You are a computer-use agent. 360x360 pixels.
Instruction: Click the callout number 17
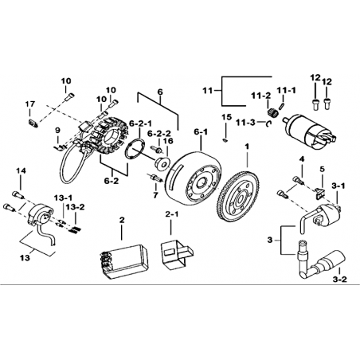point(30,104)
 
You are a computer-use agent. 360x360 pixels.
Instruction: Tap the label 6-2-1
point(140,123)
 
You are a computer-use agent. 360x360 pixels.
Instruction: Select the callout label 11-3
point(245,123)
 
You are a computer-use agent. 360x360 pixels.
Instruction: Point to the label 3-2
point(339,280)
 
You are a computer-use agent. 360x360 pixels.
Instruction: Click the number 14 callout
point(22,171)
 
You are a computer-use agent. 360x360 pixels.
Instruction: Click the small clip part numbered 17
point(33,123)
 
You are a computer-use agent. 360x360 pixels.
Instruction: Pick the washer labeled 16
point(162,163)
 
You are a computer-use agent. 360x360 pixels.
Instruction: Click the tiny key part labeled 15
point(225,139)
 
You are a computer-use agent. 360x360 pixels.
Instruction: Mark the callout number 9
point(57,131)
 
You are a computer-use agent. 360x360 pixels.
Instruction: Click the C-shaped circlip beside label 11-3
point(269,123)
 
